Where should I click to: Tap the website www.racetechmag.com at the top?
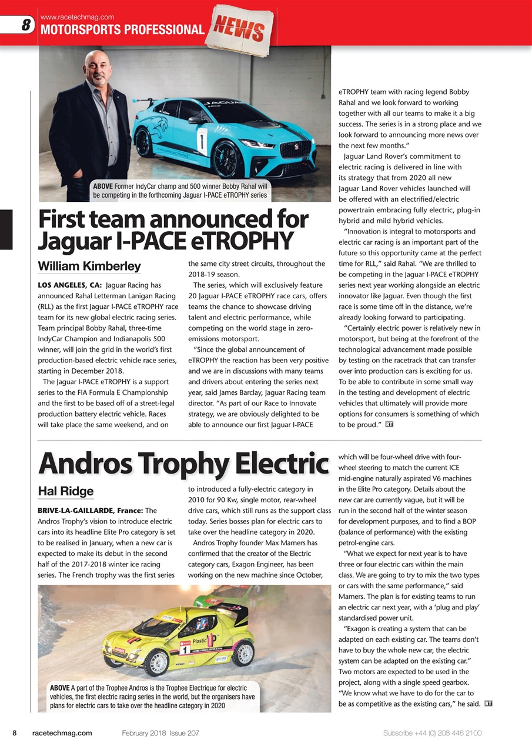coord(76,17)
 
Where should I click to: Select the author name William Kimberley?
coord(89,266)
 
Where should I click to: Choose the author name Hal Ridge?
coord(65,491)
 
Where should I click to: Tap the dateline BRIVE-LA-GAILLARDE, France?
coord(89,510)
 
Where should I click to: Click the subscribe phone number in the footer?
coord(432,733)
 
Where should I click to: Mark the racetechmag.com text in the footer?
coord(62,733)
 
